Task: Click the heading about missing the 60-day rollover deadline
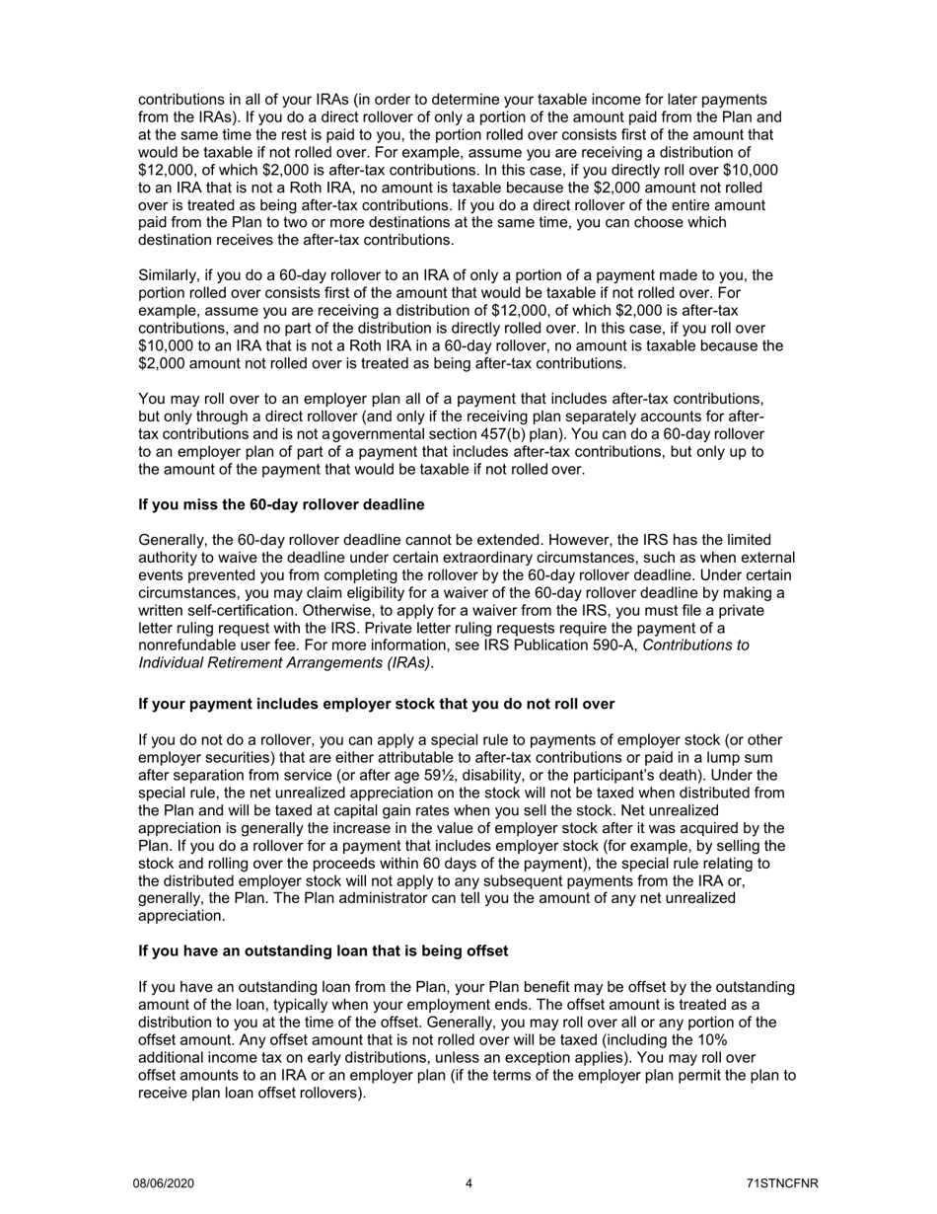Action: click(281, 504)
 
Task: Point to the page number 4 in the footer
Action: click(468, 1183)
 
